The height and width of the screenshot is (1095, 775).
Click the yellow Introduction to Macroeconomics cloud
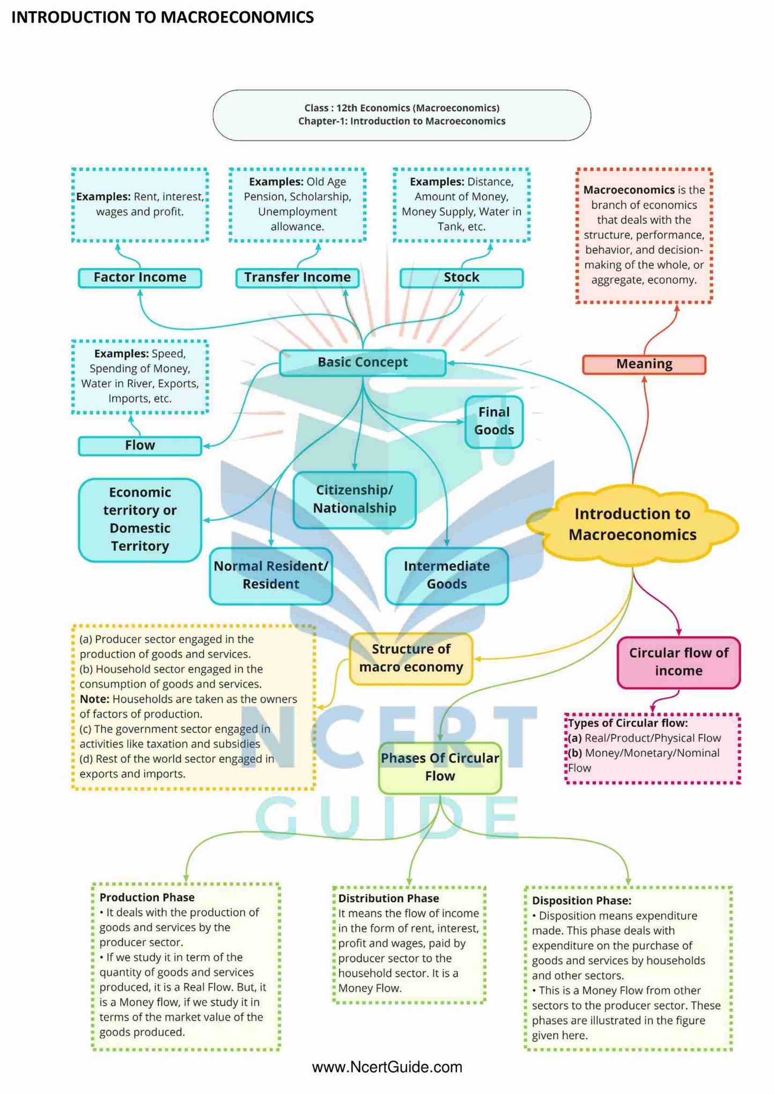point(632,524)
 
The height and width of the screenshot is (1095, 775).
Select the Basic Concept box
point(363,363)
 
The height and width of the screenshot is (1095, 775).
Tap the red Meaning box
point(644,364)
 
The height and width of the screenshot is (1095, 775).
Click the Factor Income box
point(140,278)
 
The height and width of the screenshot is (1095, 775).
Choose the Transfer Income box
point(297,278)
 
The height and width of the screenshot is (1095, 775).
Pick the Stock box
point(461,278)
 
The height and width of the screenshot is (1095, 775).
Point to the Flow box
point(140,445)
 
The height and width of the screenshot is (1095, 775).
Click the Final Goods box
point(494,421)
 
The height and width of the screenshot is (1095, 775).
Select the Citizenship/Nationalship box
point(355,500)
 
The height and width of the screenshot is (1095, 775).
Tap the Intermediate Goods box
point(447,575)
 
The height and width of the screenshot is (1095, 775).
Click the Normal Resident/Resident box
point(271,575)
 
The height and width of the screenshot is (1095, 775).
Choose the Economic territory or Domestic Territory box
point(140,519)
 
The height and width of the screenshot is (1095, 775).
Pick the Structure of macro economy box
point(411,658)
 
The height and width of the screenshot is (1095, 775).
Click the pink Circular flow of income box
point(678,662)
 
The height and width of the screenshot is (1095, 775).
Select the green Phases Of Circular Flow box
point(440,767)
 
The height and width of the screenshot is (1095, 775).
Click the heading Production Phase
point(147,897)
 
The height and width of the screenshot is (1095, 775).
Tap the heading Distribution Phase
point(389,898)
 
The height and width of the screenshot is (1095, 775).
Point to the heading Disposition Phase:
point(581,901)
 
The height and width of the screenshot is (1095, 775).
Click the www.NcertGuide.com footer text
point(387,1067)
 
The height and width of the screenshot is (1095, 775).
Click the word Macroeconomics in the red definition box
point(629,190)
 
